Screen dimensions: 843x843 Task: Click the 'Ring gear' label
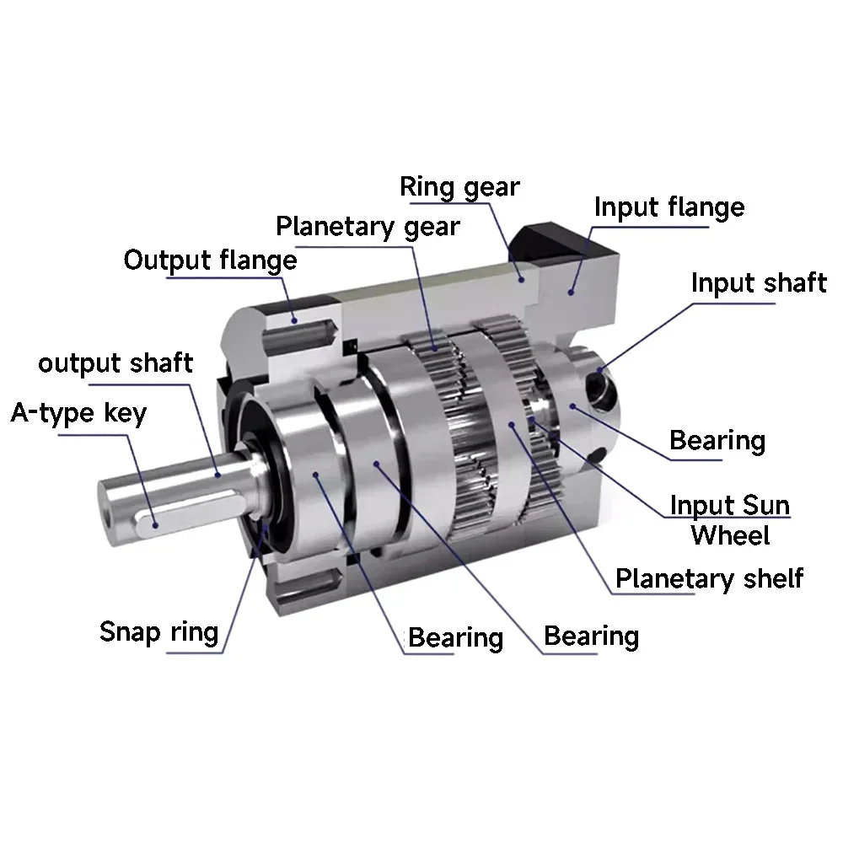coord(459,188)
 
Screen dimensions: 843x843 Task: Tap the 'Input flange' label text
coord(669,207)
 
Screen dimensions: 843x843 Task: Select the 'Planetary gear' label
coord(368,227)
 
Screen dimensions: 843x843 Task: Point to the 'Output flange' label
coord(210,260)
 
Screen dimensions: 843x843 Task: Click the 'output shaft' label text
coord(115,363)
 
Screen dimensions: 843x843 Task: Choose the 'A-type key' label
coord(78,413)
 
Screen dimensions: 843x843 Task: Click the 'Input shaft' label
coord(759,283)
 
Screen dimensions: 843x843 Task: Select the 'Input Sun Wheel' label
coord(729,520)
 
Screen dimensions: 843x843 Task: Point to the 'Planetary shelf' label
coord(709,580)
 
